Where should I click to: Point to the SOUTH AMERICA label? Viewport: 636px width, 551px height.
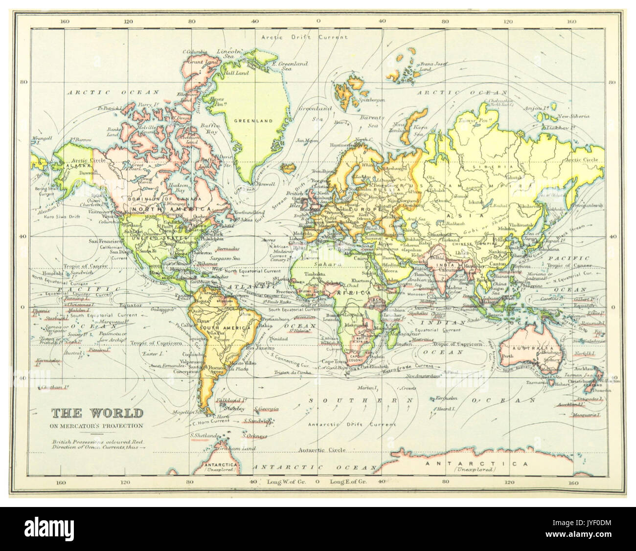(218, 327)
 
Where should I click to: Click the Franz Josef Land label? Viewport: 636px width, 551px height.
(431, 66)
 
